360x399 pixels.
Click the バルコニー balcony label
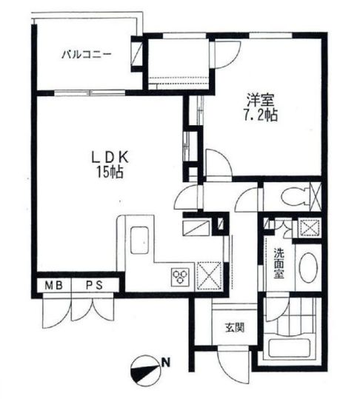87,55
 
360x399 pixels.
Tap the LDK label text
110,158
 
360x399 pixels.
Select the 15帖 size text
110,172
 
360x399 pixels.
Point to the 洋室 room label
260,101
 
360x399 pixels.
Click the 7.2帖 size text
261,115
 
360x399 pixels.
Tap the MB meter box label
54,286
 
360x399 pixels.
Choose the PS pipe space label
95,286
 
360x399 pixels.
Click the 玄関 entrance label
235,327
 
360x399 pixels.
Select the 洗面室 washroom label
279,263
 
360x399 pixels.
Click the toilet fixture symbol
295,197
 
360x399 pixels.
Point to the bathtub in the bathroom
290,348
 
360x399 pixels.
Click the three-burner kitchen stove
181,275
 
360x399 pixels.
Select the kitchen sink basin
139,240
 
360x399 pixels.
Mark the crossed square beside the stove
210,275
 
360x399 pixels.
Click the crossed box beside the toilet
316,197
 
